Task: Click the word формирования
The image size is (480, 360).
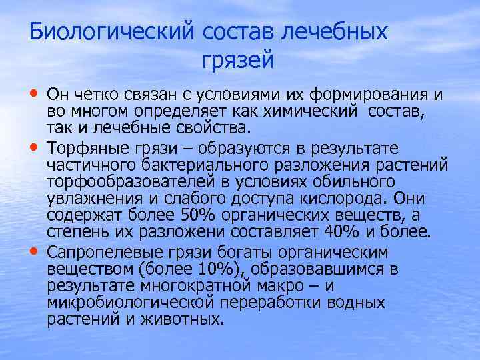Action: [373, 95]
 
